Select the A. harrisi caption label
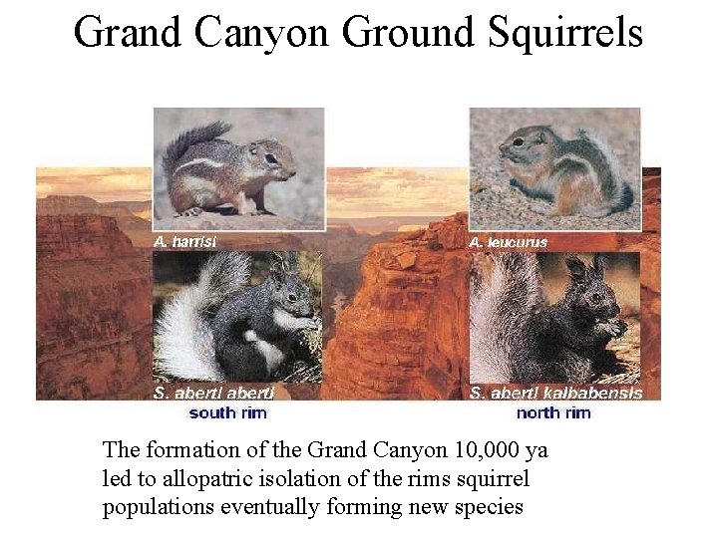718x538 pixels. coord(185,240)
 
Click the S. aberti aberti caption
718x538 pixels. coord(214,393)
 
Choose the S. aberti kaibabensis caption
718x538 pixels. coord(555,393)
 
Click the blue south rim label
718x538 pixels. coord(227,411)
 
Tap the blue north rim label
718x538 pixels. coord(553,411)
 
